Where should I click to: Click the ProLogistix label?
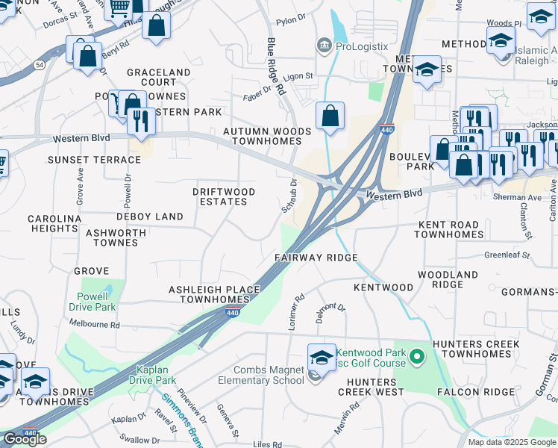[361, 46]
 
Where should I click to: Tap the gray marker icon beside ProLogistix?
[324, 46]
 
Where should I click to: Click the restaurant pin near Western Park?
[140, 122]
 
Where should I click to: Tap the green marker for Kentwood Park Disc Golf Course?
[418, 358]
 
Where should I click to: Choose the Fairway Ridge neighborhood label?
[316, 258]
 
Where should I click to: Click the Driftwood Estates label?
[224, 197]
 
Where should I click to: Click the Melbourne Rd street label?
[94, 325]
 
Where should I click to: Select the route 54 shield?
[39, 66]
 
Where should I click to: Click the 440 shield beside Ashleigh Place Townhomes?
[233, 311]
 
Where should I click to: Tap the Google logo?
[25, 439]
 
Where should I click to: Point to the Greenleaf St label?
[506, 255]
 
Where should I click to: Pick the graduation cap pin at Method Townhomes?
[427, 72]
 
